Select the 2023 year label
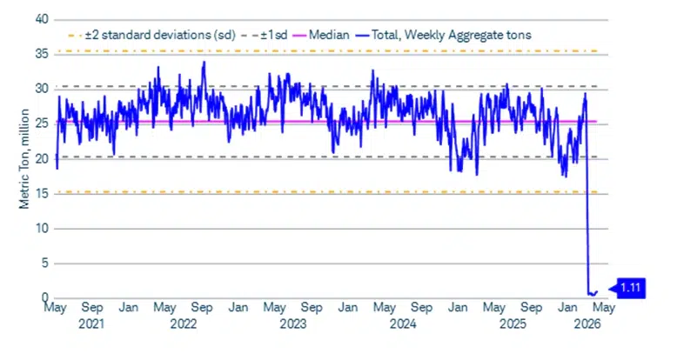click(292, 323)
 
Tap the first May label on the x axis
click(57, 308)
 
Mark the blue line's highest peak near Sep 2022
click(203, 62)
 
